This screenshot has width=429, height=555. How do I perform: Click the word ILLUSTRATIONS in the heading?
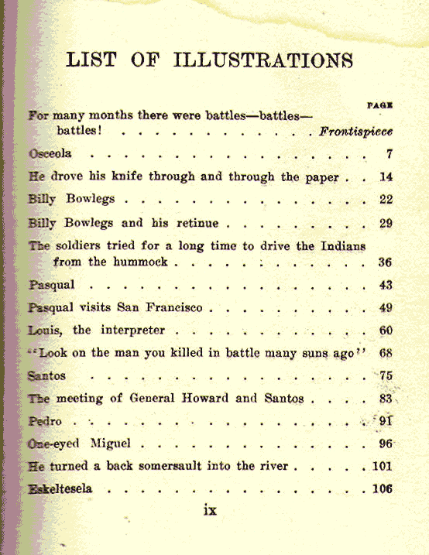pos(266,60)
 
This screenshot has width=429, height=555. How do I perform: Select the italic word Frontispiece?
pos(355,131)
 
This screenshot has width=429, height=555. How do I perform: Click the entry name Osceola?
pos(50,153)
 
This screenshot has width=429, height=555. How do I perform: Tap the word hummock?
pos(139,262)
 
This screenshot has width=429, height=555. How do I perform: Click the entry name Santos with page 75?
pos(46,375)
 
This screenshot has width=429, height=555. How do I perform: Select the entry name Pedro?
pos(44,422)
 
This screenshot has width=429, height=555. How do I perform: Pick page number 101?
pos(383,467)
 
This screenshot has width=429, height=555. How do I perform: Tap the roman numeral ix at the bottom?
pos(209,512)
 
